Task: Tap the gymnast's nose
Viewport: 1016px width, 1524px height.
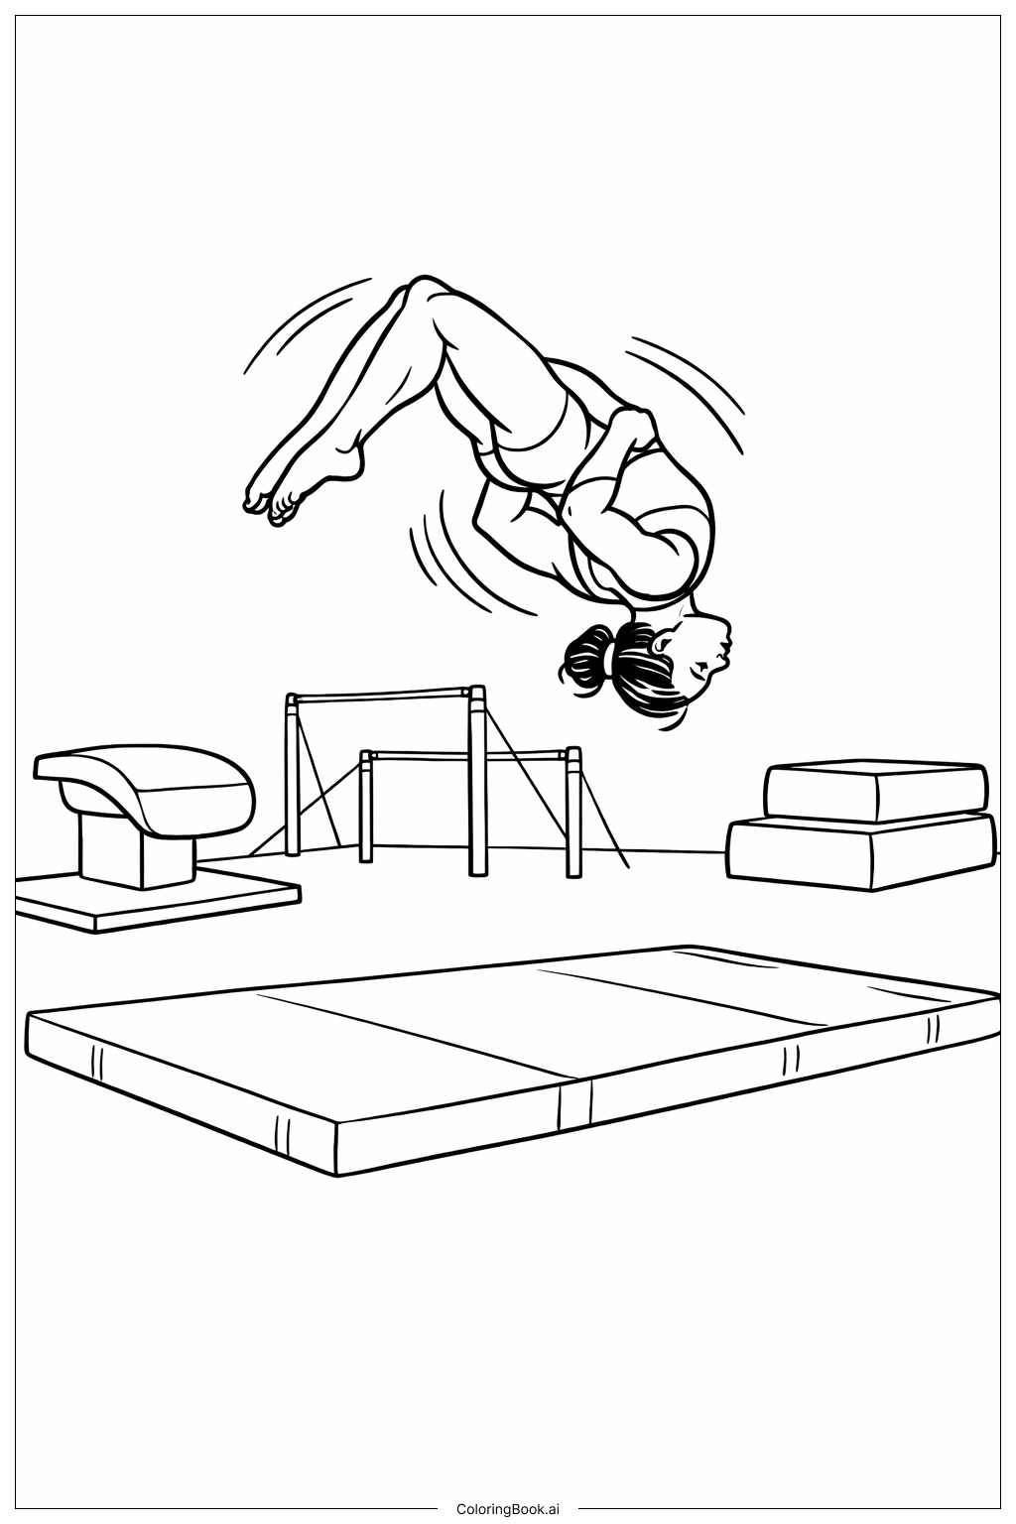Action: pyautogui.click(x=727, y=640)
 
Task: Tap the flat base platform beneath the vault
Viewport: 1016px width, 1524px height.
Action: pyautogui.click(x=157, y=897)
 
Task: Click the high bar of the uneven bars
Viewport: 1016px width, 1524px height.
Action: pyautogui.click(x=385, y=696)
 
